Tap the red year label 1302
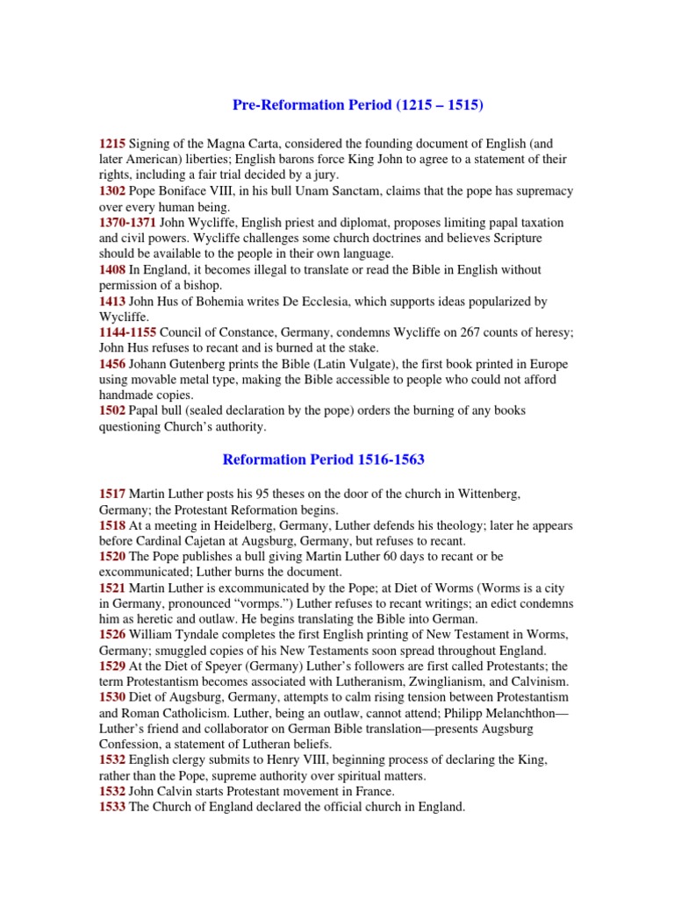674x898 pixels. tap(112, 191)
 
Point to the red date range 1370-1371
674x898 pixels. tap(128, 223)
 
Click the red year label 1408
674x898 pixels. tap(112, 269)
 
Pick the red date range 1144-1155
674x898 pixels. tap(128, 332)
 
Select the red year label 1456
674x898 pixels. tap(112, 364)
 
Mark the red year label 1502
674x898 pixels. tap(112, 411)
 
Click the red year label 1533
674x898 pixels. tap(112, 807)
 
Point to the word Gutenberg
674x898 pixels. tap(205, 364)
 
